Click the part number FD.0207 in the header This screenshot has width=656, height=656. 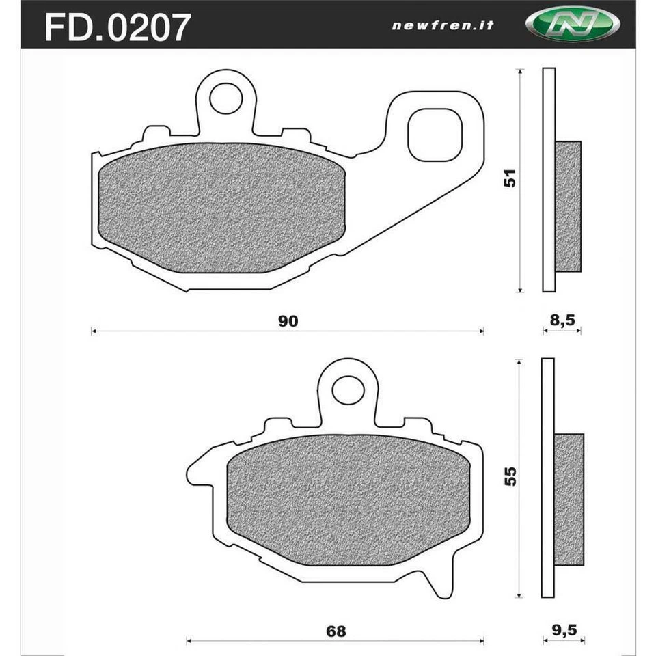(x=117, y=26)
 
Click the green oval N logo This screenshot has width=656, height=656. (x=573, y=25)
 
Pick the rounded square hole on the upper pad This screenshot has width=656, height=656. (x=435, y=133)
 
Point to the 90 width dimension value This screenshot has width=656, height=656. (x=288, y=321)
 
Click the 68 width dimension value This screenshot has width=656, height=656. (x=336, y=631)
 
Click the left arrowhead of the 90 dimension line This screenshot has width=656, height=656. (x=94, y=332)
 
